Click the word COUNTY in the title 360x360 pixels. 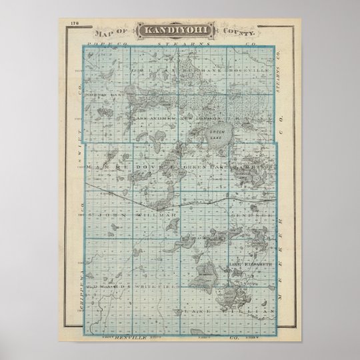238,31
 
